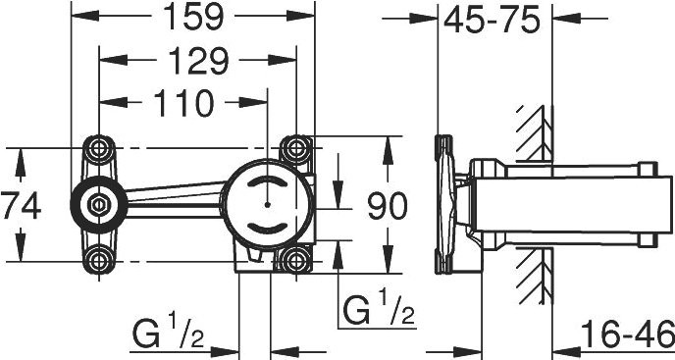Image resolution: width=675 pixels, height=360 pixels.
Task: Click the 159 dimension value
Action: coord(193,17)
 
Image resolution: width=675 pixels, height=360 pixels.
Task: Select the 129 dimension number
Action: coord(197,61)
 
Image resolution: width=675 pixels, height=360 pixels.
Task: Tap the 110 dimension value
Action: coord(183,103)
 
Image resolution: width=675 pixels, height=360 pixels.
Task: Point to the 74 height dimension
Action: coord(21,206)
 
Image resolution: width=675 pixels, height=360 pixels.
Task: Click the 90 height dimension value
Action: coord(387,205)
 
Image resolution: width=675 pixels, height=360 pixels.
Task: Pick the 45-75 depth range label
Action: coord(492,20)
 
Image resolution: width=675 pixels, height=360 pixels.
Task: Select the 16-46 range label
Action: coord(627,334)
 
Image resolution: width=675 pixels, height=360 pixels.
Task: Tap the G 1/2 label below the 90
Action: coord(379,310)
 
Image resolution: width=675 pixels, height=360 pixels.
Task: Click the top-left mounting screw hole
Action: coord(99,148)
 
